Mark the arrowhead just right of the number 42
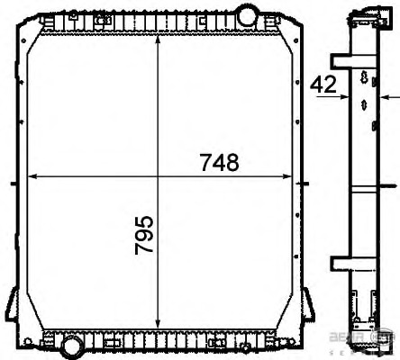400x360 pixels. pyautogui.click(x=345, y=94)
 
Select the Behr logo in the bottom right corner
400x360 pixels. pyautogui.click(x=373, y=337)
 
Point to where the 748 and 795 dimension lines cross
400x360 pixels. pyautogui.click(x=159, y=175)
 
